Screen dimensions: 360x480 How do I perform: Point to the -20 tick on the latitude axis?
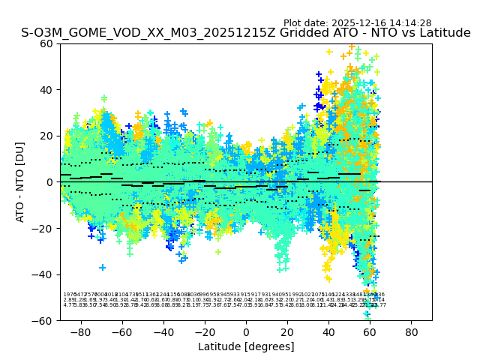click(x=204, y=331)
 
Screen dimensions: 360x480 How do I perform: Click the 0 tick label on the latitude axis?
click(x=246, y=331)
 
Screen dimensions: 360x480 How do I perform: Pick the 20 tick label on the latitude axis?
click(x=287, y=331)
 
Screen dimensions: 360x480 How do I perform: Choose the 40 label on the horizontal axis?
click(x=328, y=331)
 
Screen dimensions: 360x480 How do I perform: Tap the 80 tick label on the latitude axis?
click(x=412, y=331)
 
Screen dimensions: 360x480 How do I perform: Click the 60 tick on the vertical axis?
click(x=46, y=43)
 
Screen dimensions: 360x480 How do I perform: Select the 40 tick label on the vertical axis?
click(x=46, y=90)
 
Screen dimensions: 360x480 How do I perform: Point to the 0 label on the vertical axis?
click(x=50, y=182)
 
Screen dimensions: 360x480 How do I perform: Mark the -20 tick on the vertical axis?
click(x=43, y=228)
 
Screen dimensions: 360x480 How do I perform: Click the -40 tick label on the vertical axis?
click(x=43, y=274)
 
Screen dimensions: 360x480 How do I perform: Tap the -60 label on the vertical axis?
click(x=43, y=320)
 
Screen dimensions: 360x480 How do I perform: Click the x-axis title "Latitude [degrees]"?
click(x=246, y=346)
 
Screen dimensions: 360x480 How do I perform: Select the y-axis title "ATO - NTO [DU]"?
click(x=21, y=182)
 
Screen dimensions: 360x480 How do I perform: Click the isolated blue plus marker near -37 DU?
click(x=103, y=268)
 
